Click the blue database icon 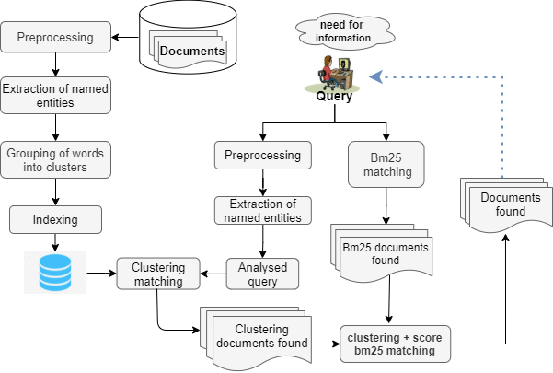[x=56, y=272]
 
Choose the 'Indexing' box [x=56, y=219]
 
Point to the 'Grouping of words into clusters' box [x=56, y=158]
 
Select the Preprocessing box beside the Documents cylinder [x=56, y=39]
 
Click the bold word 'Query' [x=335, y=96]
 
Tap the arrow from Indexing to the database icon [x=56, y=242]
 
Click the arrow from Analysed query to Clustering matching [x=213, y=272]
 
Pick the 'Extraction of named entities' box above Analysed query [x=264, y=210]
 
